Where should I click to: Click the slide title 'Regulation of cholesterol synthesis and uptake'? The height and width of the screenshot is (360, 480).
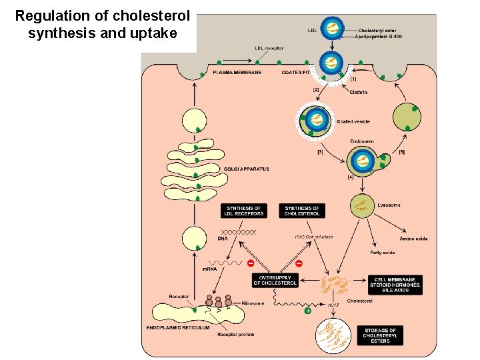pos(102,23)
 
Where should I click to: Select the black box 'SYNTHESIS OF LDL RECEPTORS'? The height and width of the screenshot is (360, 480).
pos(245,211)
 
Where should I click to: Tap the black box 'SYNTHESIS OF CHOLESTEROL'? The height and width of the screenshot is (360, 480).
pos(302,211)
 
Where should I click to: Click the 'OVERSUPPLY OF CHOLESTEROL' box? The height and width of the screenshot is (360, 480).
pos(275,280)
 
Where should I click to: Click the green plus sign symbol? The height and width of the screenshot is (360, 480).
pos(308,311)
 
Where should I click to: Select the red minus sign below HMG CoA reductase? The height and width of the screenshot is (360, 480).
pos(298,264)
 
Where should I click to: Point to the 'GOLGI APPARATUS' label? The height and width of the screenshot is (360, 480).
pos(247,169)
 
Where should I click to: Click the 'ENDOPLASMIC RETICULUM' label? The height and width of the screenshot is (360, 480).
pos(178,327)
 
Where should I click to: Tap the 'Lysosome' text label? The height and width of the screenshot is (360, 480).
pos(389,205)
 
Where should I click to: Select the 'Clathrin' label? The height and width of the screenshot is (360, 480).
pos(358,93)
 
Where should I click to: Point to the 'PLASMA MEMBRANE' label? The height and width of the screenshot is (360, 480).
pos(237,72)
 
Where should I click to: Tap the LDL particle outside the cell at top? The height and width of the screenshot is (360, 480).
pos(331,28)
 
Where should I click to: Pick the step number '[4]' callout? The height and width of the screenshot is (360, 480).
pos(350,177)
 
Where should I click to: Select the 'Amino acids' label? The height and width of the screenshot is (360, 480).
pos(413,238)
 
